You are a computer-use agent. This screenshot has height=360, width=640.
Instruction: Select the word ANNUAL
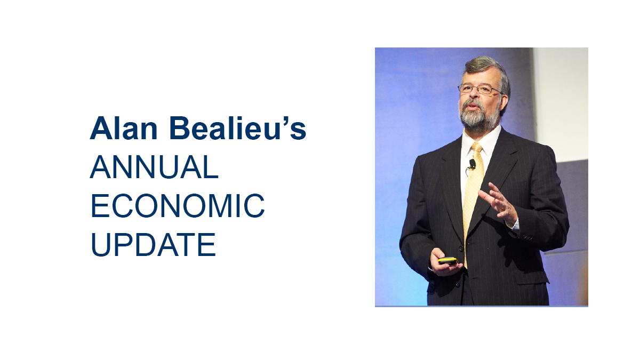tap(154, 167)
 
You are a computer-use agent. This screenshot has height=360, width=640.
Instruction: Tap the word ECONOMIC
tap(178, 206)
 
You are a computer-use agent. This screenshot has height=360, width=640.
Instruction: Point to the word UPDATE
tap(154, 245)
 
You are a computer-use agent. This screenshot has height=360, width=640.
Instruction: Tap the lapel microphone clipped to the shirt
tap(473, 164)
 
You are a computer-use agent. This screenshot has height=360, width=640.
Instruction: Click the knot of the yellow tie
tap(477, 147)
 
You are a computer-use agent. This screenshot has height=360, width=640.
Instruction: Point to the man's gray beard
tap(479, 116)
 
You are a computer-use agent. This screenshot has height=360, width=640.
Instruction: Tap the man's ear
tap(505, 99)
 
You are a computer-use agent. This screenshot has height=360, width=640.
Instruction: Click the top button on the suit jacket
tap(460, 249)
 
